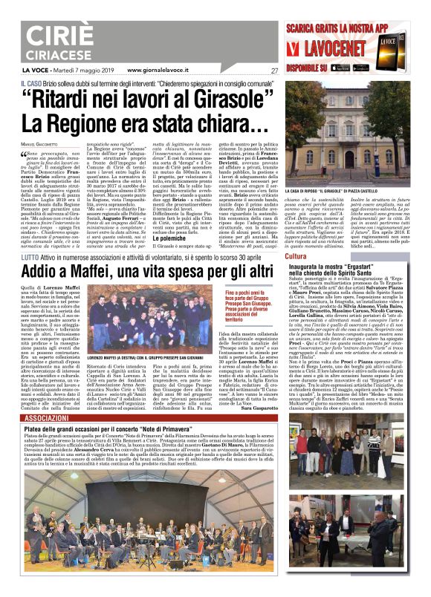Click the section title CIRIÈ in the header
click(70, 36)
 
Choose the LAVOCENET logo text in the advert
click(343, 50)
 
